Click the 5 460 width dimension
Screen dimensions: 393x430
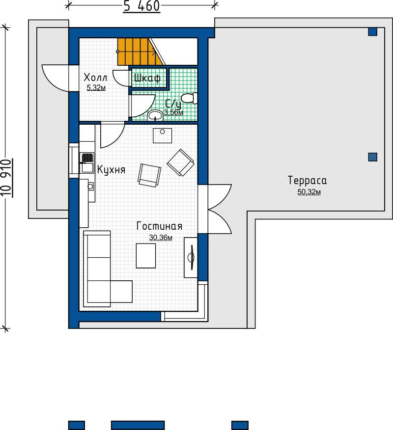pyautogui.click(x=141, y=6)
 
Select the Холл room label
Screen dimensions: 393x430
pyautogui.click(x=95, y=78)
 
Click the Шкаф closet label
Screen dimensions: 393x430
pyautogui.click(x=147, y=79)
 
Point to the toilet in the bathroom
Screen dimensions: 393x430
pyautogui.click(x=189, y=98)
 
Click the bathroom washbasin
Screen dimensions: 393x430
pyautogui.click(x=155, y=115)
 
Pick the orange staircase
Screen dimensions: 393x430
pyautogui.click(x=140, y=52)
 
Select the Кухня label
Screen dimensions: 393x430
pyautogui.click(x=111, y=170)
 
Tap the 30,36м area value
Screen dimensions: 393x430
pyautogui.click(x=161, y=238)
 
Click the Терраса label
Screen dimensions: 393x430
pyautogui.click(x=308, y=181)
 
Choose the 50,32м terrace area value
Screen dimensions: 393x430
pyautogui.click(x=309, y=192)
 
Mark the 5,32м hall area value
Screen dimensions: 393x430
pyautogui.click(x=96, y=88)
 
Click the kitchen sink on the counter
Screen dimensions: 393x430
pyautogui.click(x=87, y=163)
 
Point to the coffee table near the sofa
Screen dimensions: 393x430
pyautogui.click(x=146, y=256)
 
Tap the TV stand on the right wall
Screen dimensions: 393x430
pyautogui.click(x=191, y=258)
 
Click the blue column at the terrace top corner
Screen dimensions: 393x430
pyautogui.click(x=373, y=32)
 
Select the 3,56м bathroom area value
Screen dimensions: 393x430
pyautogui.click(x=174, y=112)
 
